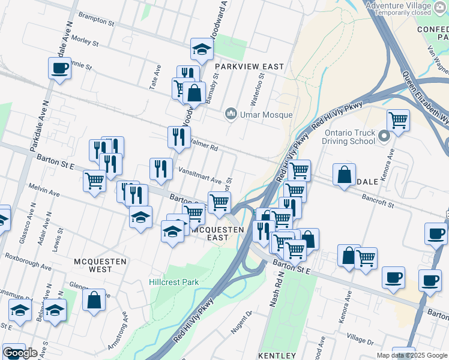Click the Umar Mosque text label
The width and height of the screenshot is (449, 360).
[x=267, y=115]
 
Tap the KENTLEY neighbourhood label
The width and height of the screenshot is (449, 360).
[x=277, y=356]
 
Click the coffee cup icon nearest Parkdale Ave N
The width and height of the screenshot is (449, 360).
[x=60, y=68]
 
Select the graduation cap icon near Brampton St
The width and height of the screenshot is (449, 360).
[x=202, y=50]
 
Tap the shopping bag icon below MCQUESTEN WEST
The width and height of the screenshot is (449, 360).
[x=94, y=300]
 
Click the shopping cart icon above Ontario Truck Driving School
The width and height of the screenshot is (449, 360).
[x=399, y=121]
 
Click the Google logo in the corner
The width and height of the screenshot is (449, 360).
[x=20, y=353]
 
